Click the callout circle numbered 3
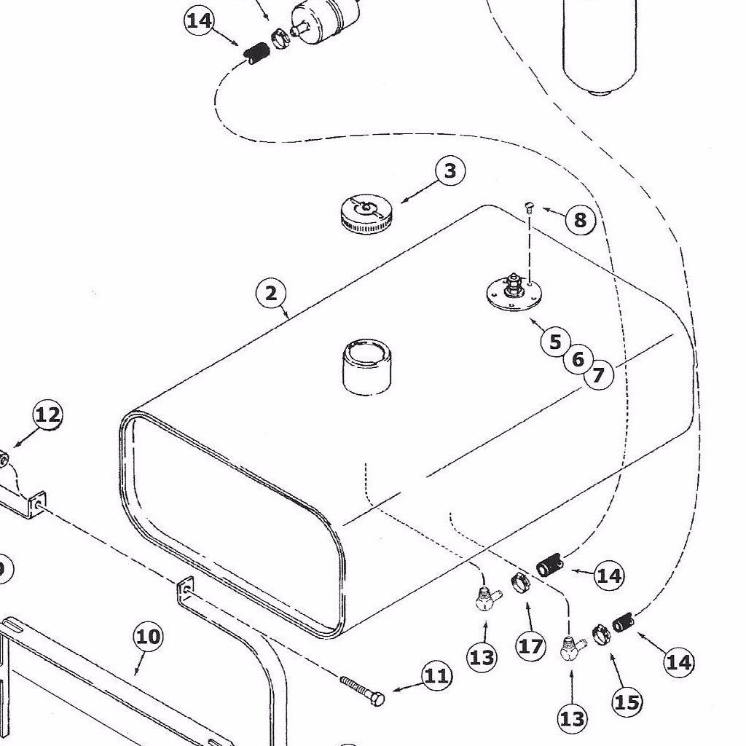450,171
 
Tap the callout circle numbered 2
270,294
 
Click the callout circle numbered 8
580,220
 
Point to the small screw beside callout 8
530,208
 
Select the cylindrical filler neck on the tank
366,366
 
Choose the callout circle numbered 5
555,342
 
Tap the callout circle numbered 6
578,359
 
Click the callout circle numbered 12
47,416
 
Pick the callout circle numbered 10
148,637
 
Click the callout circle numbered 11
436,677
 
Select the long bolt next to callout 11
363,690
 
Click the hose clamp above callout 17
522,584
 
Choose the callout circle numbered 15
627,702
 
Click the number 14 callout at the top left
199,20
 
